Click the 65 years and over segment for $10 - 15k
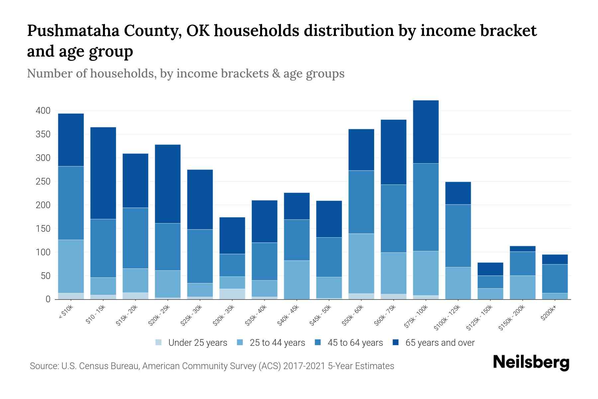pos(103,173)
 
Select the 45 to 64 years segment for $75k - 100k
pos(426,207)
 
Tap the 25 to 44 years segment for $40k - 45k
pos(297,280)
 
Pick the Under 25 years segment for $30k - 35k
pos(232,294)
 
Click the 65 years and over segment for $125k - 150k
pos(490,269)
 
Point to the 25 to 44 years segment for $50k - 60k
pos(361,263)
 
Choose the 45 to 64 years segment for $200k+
pos(555,279)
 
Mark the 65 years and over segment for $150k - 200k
pos(523,249)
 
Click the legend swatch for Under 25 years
pos(159,342)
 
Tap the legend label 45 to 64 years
pos(355,343)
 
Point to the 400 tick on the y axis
pos(43,111)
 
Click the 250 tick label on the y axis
pos(43,182)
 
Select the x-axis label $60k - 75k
pos(385,315)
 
